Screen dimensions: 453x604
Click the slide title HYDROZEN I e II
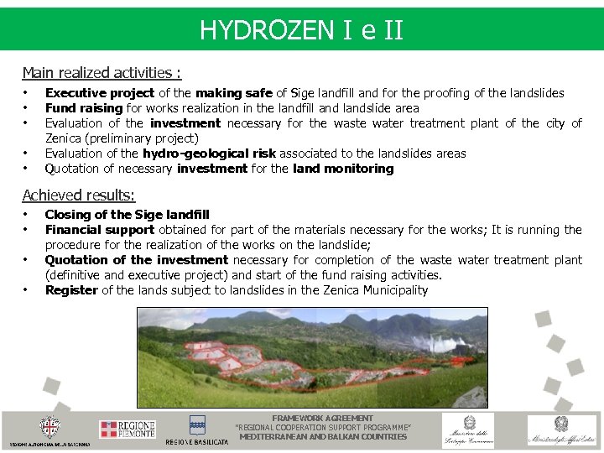301,31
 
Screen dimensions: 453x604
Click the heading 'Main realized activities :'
102,73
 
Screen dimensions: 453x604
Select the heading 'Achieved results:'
78,195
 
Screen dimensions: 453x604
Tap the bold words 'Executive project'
99,93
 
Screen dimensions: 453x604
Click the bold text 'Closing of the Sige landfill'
127,215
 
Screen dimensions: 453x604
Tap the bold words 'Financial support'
99,230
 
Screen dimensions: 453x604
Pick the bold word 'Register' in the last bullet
71,290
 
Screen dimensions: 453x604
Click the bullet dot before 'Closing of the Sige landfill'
26,215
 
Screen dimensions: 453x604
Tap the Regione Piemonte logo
127,430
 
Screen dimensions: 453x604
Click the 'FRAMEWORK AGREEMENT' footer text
323,418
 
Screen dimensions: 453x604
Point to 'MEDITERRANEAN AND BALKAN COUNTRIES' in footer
323,436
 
